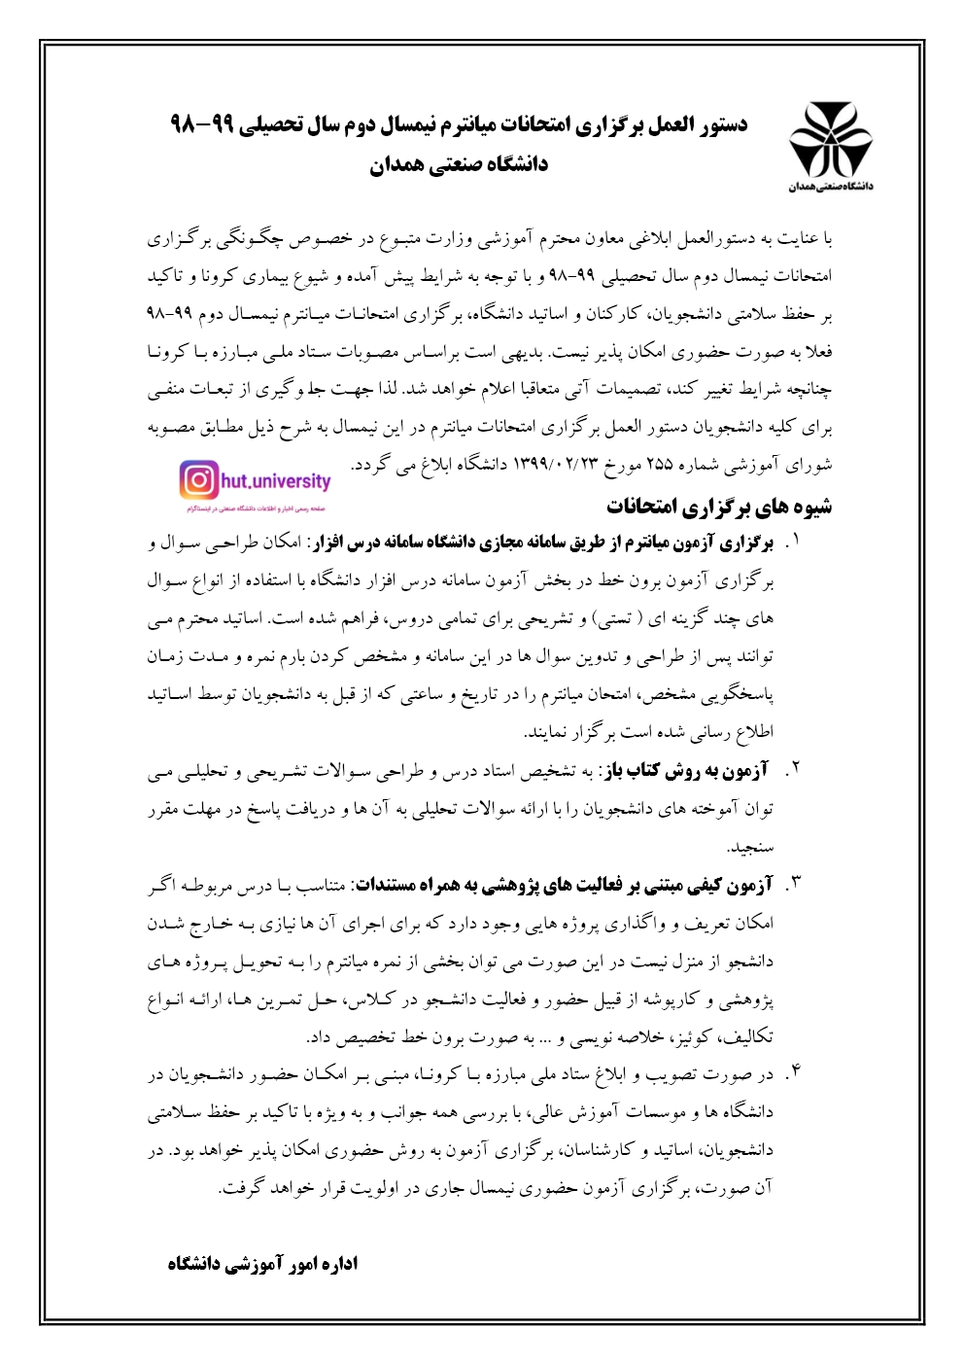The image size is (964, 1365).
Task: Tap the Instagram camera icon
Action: (x=198, y=480)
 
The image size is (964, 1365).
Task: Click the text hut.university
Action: (x=276, y=480)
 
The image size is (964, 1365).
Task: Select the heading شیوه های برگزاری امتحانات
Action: (x=719, y=507)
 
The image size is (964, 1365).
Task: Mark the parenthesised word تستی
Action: (x=612, y=618)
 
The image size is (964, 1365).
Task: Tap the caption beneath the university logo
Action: (x=830, y=186)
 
